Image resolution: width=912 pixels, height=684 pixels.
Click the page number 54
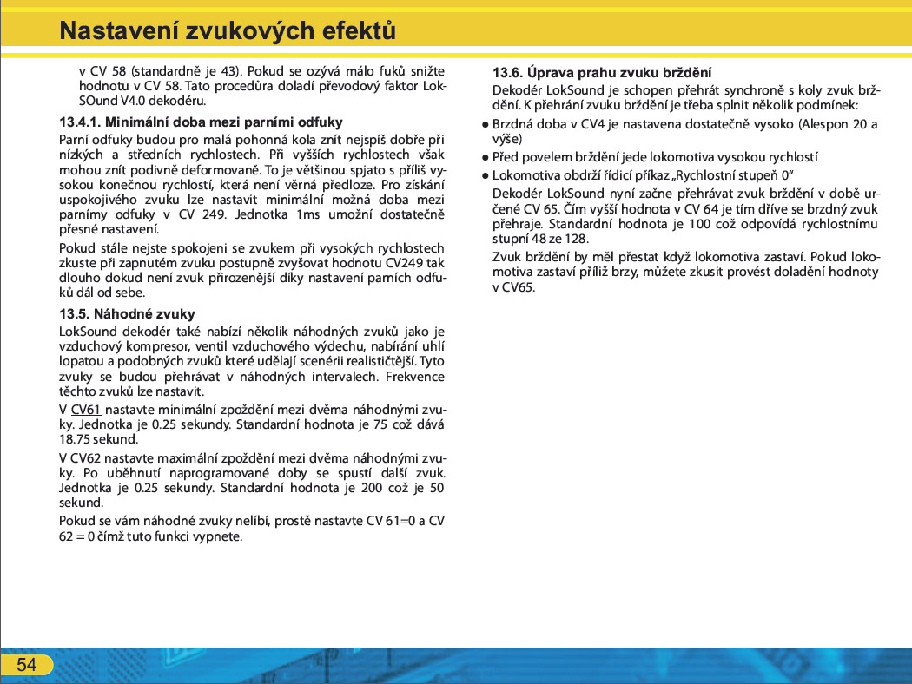point(27,665)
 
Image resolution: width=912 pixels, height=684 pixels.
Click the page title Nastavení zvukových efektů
point(228,32)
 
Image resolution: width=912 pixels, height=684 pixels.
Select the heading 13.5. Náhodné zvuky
point(127,313)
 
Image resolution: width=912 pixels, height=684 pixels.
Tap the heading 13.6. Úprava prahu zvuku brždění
point(602,72)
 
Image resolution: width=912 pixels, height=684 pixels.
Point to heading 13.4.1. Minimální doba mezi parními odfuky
point(201,122)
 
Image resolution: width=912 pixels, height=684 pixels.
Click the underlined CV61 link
point(85,410)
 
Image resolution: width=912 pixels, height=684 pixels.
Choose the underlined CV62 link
point(85,457)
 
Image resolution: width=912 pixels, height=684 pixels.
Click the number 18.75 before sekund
point(76,439)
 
